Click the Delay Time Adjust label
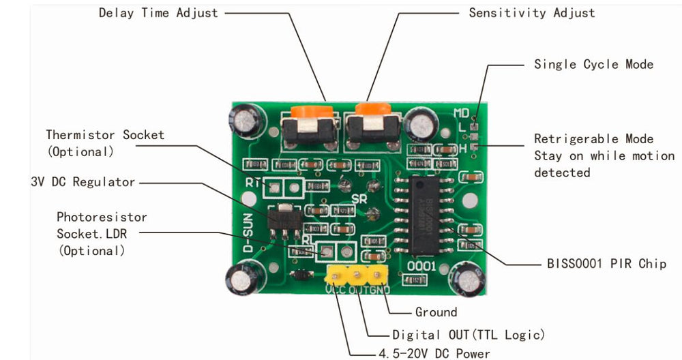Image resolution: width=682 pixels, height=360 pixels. [x=158, y=13]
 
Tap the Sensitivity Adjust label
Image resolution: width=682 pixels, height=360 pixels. [x=531, y=13]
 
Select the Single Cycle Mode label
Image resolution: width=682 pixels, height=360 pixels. [x=593, y=64]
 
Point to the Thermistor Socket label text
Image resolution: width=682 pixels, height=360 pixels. [x=105, y=135]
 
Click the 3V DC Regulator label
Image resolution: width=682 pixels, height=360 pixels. [x=83, y=181]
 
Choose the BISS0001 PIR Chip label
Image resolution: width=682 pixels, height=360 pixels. [x=606, y=264]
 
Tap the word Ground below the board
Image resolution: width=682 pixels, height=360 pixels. [x=436, y=312]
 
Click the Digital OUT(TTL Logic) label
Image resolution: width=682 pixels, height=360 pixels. [x=469, y=335]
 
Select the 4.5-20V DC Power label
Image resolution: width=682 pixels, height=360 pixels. [x=434, y=353]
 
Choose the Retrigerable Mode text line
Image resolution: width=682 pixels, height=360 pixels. [x=593, y=139]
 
